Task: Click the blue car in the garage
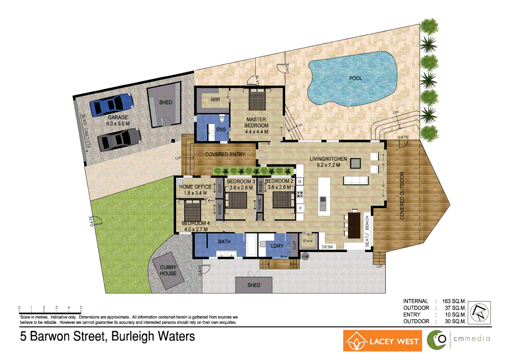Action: (111, 105)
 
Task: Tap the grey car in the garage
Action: (119, 139)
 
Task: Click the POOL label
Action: (355, 78)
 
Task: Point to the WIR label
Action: (215, 100)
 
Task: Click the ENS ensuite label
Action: (221, 130)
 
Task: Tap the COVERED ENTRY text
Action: (225, 154)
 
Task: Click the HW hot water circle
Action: (305, 256)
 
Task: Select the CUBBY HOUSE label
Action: (168, 271)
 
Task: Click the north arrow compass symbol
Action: (479, 313)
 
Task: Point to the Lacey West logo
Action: (382, 341)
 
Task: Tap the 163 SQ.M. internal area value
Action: (454, 301)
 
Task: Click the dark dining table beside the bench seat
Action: (354, 225)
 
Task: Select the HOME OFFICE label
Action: (195, 187)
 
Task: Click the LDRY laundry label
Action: (277, 246)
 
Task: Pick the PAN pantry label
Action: (308, 241)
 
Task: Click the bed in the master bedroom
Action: (257, 100)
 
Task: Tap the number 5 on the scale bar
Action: (81, 308)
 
